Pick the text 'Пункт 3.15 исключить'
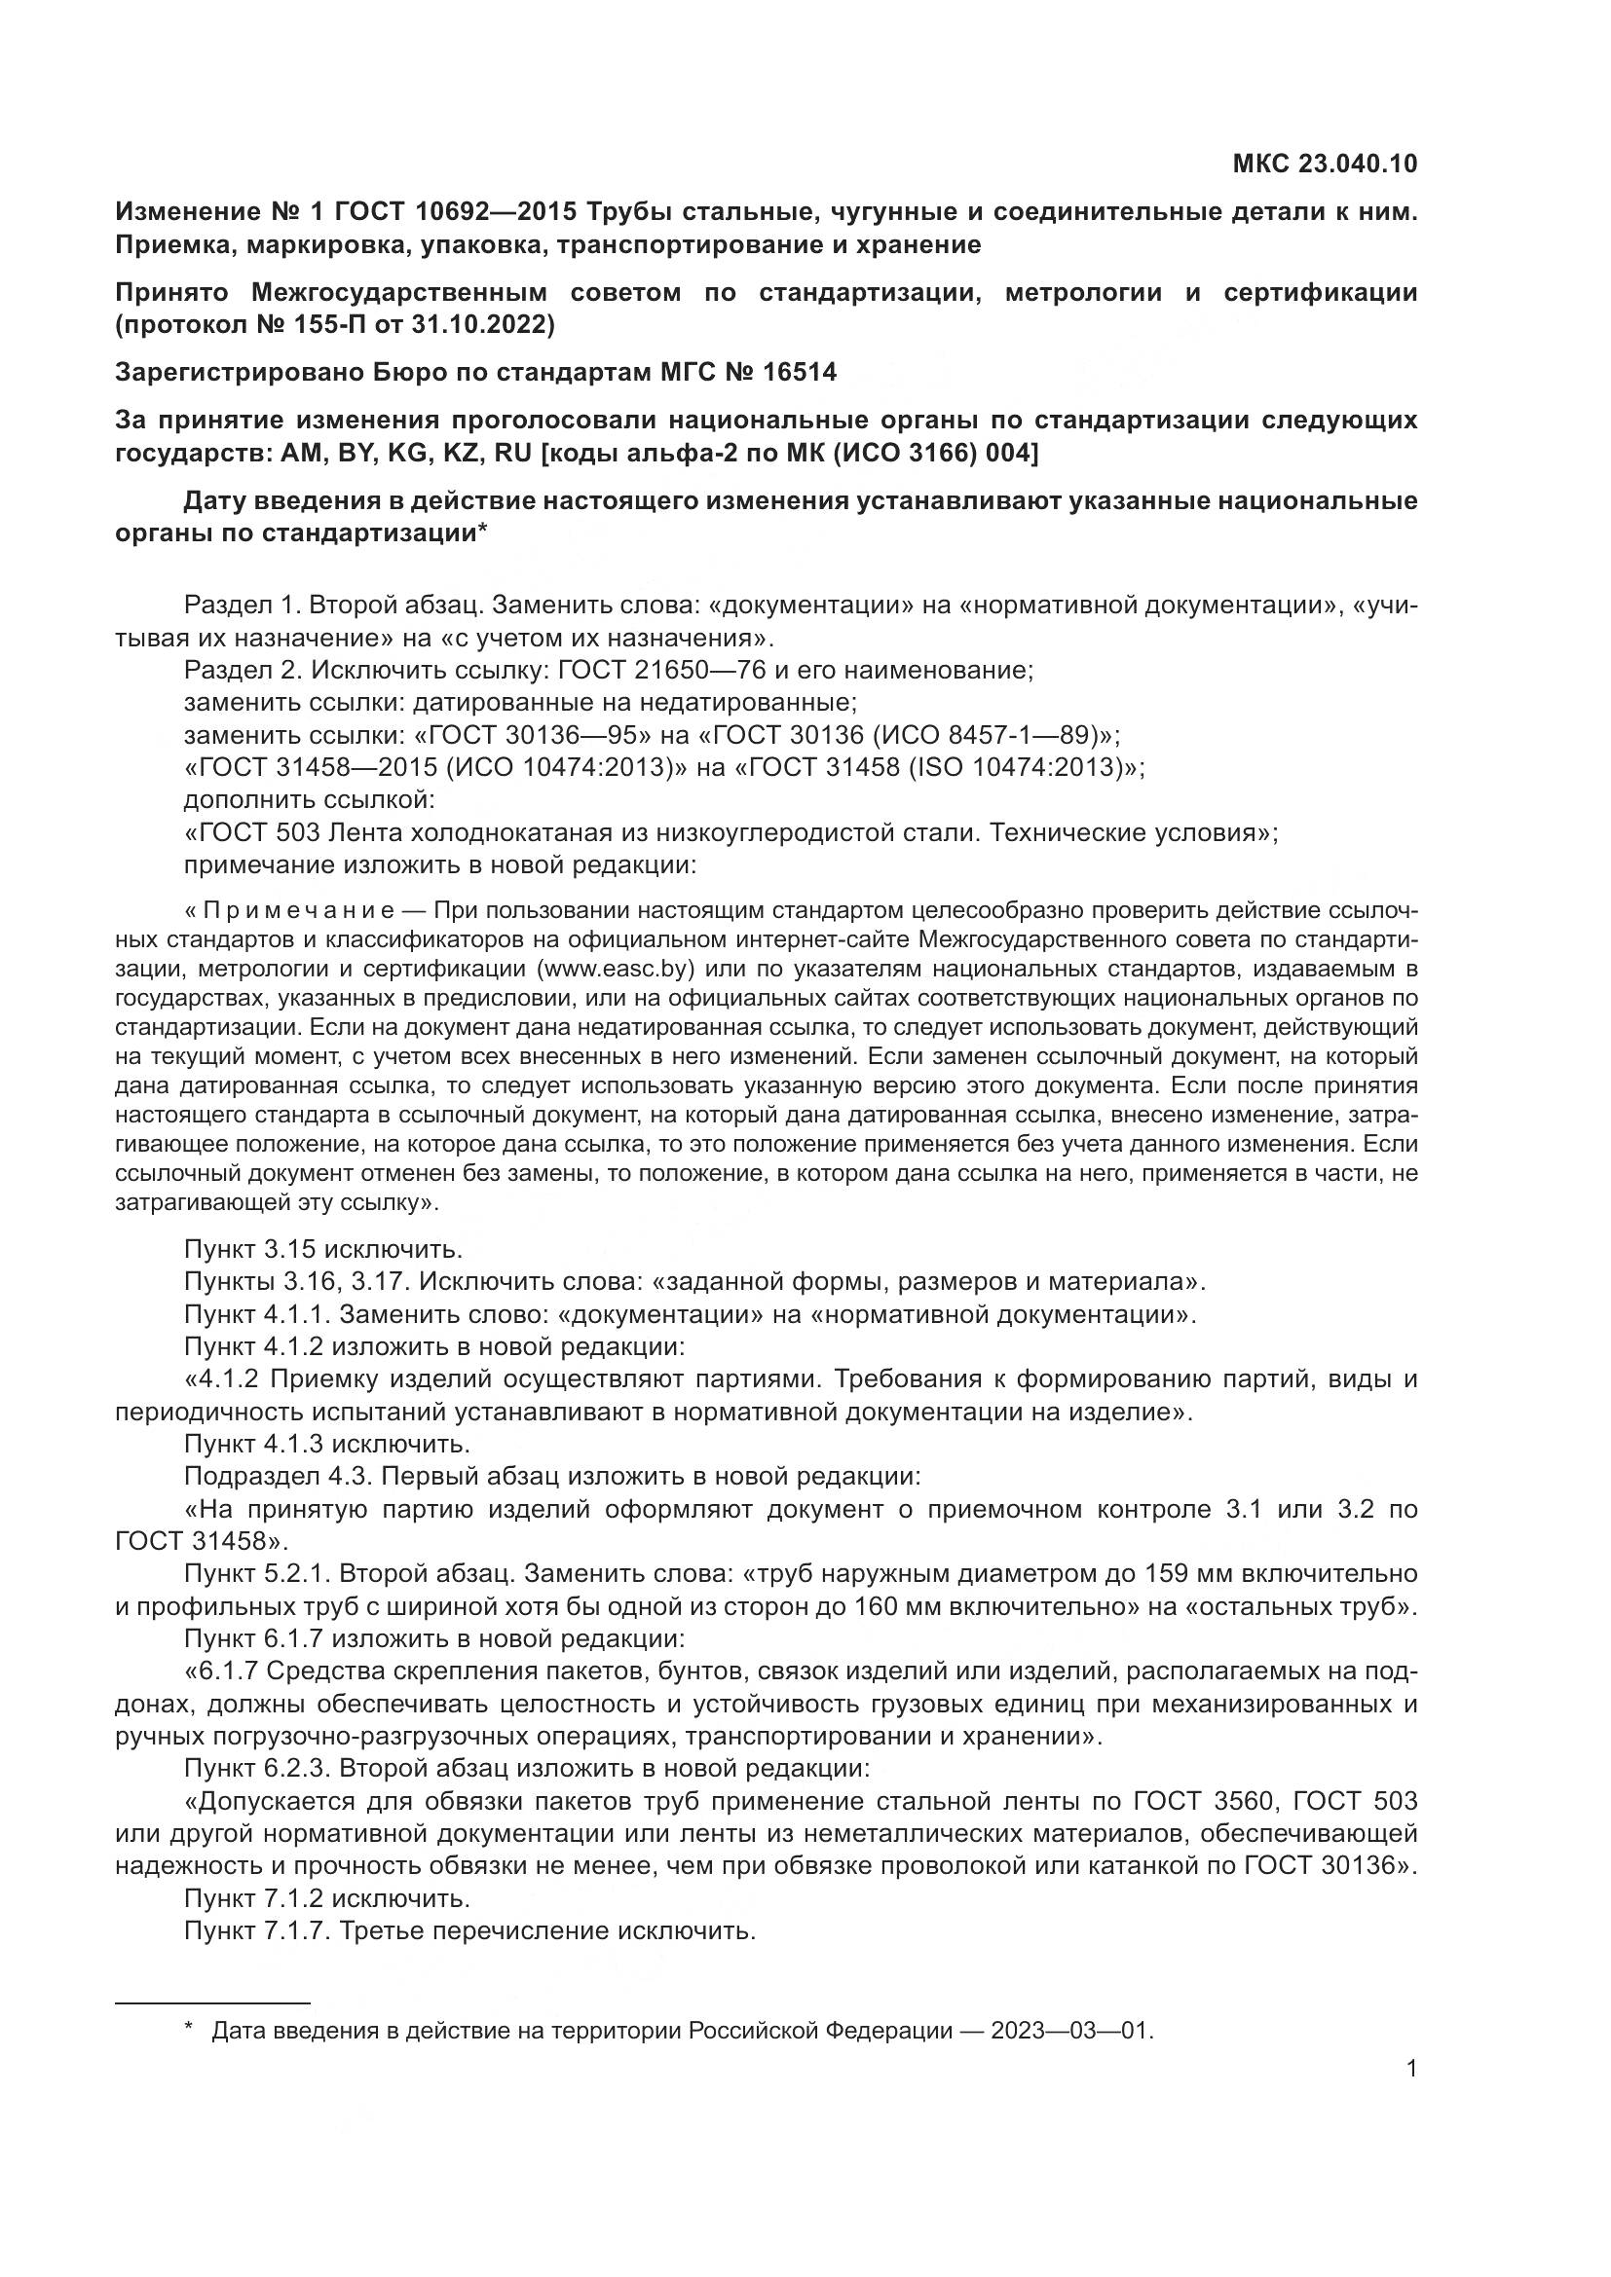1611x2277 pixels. (x=322, y=1249)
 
